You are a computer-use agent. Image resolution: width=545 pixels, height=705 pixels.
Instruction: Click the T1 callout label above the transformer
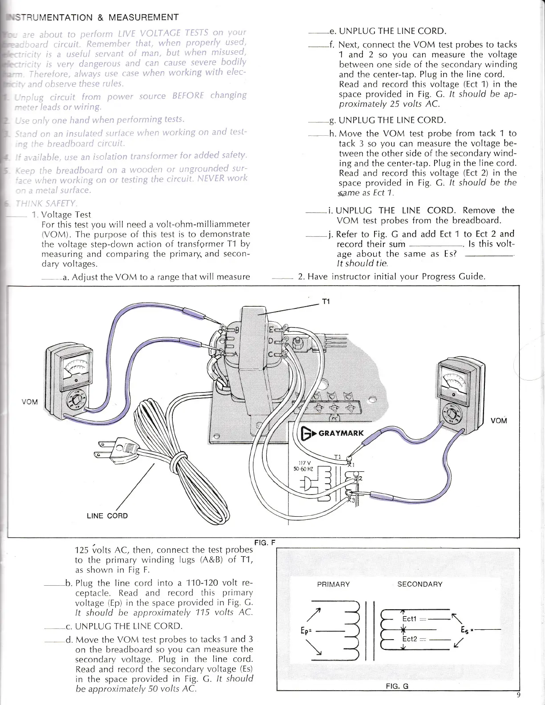click(325, 302)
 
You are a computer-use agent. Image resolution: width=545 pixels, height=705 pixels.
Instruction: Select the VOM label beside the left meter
click(29, 402)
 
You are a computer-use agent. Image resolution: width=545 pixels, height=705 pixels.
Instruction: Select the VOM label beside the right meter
click(499, 421)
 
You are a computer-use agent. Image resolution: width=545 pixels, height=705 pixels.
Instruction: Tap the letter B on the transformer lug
click(236, 330)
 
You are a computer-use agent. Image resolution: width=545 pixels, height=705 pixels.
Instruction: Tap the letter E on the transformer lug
click(271, 330)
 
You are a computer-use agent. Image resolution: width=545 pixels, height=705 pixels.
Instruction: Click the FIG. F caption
click(265, 542)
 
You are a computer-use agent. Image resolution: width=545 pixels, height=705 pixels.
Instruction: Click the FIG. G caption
click(397, 698)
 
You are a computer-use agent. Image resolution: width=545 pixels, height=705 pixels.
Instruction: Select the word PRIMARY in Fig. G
click(334, 584)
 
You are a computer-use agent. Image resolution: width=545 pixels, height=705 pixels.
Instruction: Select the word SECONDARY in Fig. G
click(419, 584)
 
